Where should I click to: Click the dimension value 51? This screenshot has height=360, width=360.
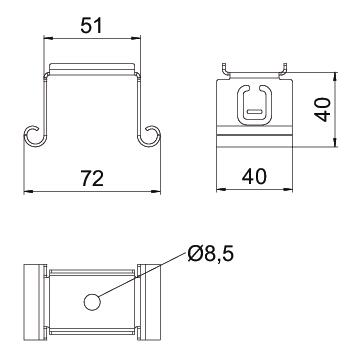(91, 26)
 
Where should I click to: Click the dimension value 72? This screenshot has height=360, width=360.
(92, 179)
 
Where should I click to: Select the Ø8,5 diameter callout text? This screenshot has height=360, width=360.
(210, 255)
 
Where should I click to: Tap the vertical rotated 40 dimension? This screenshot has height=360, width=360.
(323, 109)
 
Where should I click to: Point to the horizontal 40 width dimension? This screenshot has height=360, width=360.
(254, 176)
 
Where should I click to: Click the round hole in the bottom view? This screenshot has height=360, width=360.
(92, 302)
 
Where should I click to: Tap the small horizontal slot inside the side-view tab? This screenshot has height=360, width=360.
(255, 111)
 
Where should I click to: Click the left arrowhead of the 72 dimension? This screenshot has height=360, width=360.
(28, 191)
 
